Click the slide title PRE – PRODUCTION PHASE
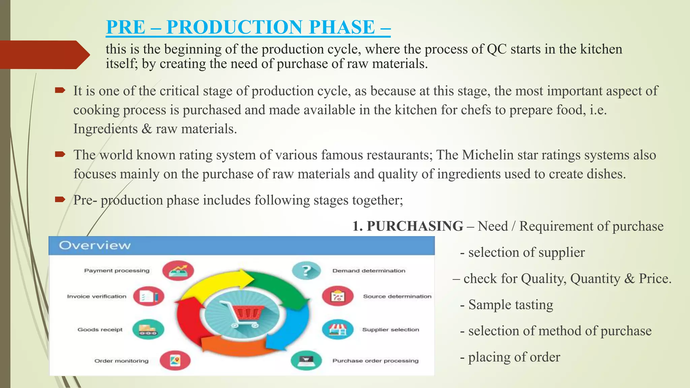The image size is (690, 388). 248,27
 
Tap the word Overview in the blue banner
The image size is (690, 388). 95,245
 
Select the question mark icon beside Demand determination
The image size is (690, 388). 306,270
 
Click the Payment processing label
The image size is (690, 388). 117,270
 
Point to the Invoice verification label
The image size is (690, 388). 97,296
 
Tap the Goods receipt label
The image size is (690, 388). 100,329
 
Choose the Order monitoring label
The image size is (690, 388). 121,361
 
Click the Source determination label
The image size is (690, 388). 397,296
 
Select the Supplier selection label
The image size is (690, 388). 390,329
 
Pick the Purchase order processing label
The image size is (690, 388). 375,361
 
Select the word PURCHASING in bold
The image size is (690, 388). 415,226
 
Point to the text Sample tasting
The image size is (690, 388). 510,305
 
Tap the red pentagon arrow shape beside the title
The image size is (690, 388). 44,55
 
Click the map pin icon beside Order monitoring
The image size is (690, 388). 175,360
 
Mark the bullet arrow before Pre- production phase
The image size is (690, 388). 60,200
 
